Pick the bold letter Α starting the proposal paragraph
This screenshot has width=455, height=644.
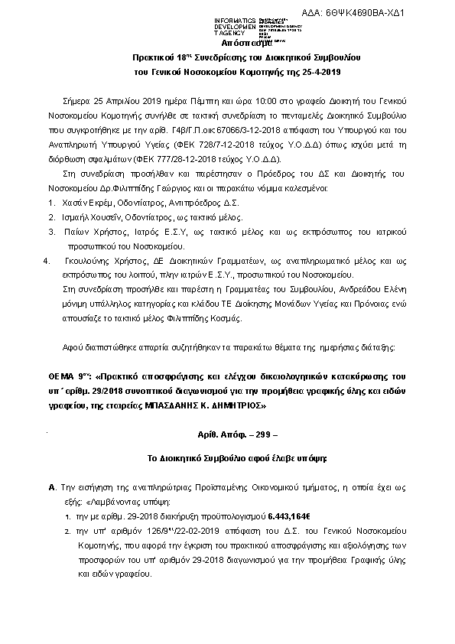coord(50,486)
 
